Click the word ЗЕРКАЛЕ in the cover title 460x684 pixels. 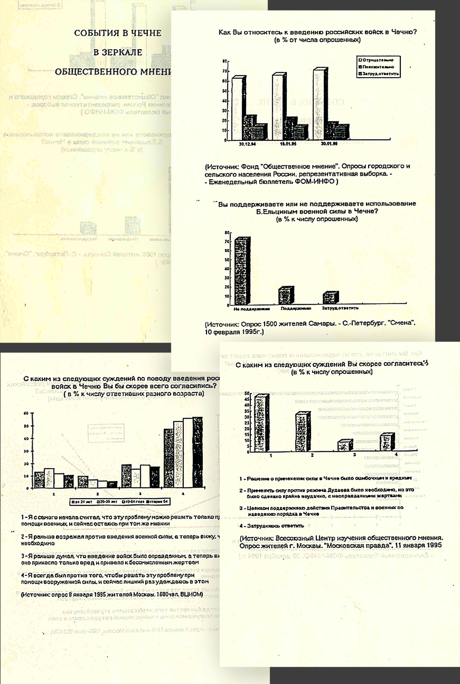[118, 52]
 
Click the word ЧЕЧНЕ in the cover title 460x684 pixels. [146, 33]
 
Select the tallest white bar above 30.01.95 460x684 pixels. [319, 104]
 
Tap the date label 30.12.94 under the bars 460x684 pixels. [247, 144]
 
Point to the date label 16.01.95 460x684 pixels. [288, 144]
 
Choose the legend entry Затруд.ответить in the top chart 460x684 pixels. [380, 74]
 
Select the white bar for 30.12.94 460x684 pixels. [237, 109]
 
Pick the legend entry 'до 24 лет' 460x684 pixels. [79, 501]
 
